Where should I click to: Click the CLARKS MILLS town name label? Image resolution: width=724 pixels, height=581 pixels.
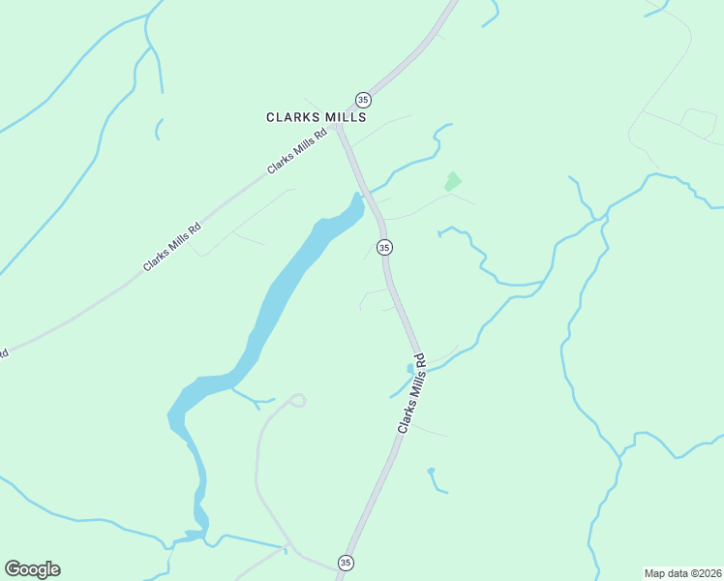point(317,117)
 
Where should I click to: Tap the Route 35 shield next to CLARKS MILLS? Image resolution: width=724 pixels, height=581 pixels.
point(363,100)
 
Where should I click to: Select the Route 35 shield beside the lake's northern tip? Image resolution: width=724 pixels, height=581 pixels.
point(384,248)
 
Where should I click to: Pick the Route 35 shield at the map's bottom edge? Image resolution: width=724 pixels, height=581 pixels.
point(346,563)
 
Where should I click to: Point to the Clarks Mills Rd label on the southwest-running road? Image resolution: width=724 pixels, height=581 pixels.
point(172,247)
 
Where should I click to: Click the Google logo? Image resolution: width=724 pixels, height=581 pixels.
point(32,569)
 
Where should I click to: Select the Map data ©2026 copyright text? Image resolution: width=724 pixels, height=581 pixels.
point(682,572)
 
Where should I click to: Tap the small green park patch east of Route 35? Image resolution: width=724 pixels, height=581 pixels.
point(452,181)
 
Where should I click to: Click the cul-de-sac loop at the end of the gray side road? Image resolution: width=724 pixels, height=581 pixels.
point(297,400)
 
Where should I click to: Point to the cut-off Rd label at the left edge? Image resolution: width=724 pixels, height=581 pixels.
point(3,352)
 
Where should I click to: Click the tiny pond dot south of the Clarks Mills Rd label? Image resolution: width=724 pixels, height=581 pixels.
point(431,472)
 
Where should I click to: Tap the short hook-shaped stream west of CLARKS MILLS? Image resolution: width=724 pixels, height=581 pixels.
point(158,129)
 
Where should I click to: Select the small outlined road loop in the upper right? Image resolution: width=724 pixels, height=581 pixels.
point(698,121)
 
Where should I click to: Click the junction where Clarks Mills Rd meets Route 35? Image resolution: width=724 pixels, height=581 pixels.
point(338,127)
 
